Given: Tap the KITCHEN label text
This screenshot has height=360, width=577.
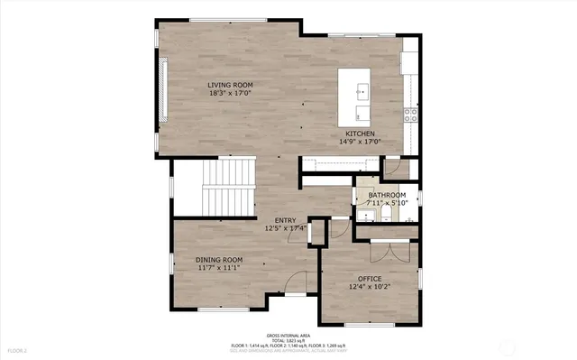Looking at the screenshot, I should point(360,134).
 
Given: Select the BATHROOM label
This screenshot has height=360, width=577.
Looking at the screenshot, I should point(386,195).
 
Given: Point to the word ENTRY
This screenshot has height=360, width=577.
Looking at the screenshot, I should point(285,220).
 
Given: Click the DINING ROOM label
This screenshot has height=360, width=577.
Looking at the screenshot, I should point(220,260).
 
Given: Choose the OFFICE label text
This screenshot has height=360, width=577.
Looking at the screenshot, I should point(370,279).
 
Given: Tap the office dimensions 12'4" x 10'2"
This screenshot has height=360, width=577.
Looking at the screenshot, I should point(370,287).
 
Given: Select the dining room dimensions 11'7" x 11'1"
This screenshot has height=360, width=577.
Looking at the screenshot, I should point(220,268).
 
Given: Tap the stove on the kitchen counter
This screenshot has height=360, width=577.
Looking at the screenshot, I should point(410,114).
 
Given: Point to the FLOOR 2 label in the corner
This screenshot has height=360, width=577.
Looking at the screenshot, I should point(18,349).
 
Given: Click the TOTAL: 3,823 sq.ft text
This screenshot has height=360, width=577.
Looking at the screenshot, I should point(288,339).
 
